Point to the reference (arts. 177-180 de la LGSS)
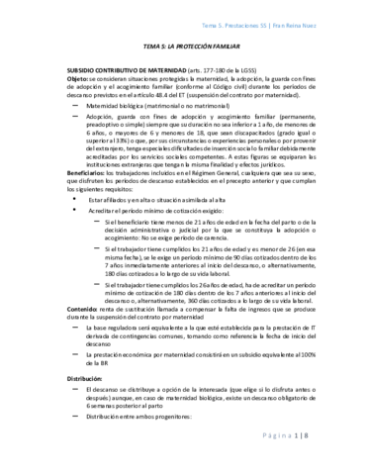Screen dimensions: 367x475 pos(237,73)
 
